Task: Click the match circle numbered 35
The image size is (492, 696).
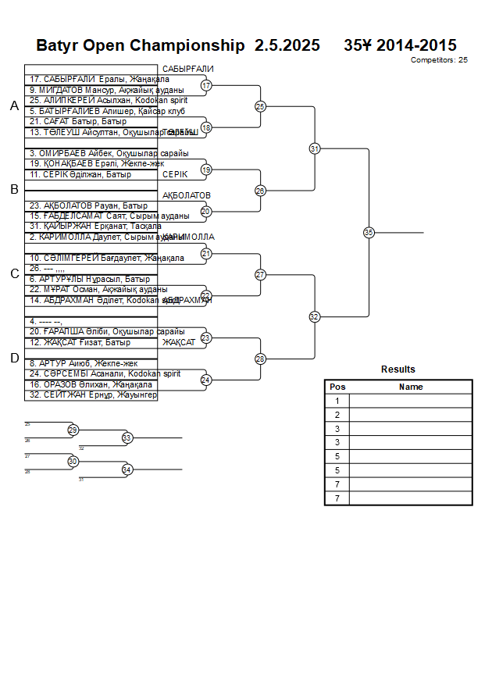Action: pos(369,232)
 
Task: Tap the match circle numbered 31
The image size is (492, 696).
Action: pos(314,148)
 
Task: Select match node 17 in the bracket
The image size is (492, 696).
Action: pos(206,85)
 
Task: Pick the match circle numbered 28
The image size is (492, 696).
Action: pos(260,359)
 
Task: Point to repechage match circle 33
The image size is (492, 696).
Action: pos(127,438)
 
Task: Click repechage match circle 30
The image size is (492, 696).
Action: pos(73,462)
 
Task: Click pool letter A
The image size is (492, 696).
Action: pos(13,106)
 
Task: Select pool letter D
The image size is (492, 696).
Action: pos(13,358)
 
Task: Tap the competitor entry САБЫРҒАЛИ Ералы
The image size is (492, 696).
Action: pos(99,80)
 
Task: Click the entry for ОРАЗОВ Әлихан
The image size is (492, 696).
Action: pos(90,385)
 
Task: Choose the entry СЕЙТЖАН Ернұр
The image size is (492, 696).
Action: pos(93,396)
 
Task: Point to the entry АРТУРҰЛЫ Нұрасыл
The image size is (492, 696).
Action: pos(89,279)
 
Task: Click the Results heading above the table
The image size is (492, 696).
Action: pos(398,369)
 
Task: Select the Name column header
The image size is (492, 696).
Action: pos(411,387)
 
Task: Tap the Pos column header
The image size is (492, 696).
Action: pos(337,387)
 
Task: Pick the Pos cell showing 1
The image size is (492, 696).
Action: pos(337,401)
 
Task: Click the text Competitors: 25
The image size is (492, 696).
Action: pos(439,59)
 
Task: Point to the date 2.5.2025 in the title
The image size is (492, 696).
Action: pos(287,45)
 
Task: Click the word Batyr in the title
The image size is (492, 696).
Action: pos(59,45)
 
